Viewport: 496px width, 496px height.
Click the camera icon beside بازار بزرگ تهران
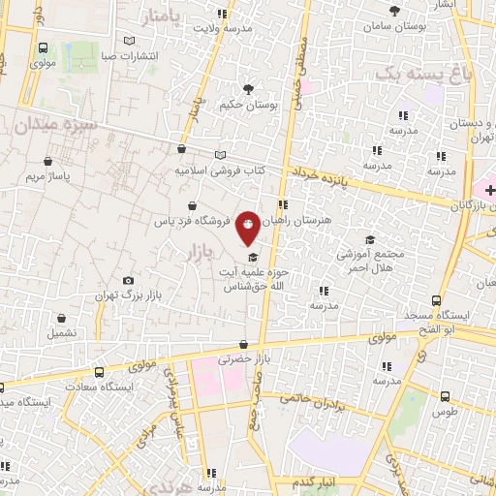(x=129, y=281)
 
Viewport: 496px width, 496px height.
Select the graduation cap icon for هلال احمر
(x=368, y=239)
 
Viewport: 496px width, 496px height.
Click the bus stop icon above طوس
(x=445, y=396)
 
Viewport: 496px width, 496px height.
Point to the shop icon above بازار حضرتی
(x=243, y=344)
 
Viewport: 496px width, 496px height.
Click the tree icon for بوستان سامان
(x=394, y=11)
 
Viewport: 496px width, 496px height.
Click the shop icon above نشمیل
(x=61, y=317)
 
